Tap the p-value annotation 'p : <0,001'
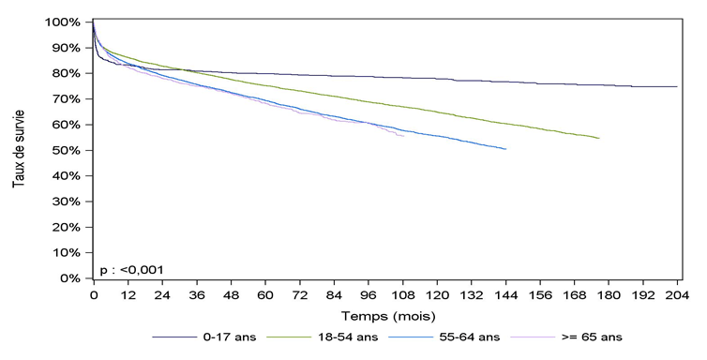point(131,269)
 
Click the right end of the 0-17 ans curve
point(677,86)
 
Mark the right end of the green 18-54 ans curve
point(599,138)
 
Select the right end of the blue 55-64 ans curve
point(506,149)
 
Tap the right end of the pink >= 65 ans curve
point(403,136)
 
